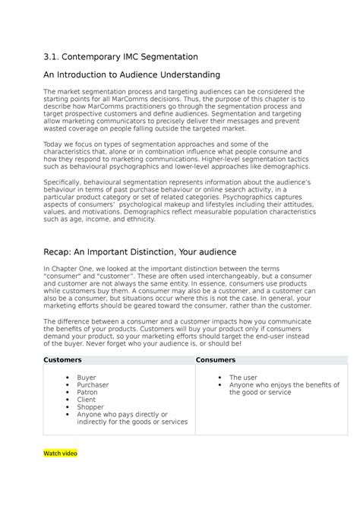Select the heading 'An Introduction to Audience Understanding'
coord(131,74)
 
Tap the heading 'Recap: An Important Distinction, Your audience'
coord(141,251)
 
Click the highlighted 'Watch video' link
coord(60,454)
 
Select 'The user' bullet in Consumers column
coord(244,377)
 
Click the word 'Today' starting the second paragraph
coord(52,144)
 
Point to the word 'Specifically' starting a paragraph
coord(62,182)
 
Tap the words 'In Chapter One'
coord(67,269)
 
